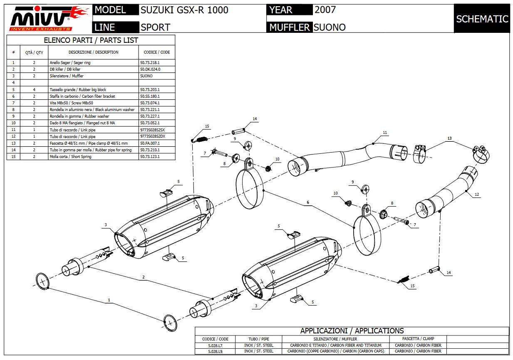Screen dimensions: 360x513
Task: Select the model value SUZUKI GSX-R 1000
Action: pos(184,10)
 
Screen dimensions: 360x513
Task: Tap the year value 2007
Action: pos(325,10)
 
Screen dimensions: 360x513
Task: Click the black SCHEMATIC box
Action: pos(482,19)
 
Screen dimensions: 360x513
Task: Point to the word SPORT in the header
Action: pos(155,27)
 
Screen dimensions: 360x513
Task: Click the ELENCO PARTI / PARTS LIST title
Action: pos(91,40)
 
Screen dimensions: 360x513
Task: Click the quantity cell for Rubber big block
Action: pos(34,89)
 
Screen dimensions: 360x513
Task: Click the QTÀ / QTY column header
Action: pos(34,52)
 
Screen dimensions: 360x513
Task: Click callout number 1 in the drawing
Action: pos(109,300)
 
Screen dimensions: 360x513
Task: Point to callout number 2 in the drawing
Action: pos(143,277)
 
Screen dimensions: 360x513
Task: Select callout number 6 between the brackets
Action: pos(308,203)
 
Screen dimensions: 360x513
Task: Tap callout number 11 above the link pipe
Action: pos(385,133)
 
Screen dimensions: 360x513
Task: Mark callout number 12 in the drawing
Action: pos(477,195)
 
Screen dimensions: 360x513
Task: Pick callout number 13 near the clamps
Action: pos(449,138)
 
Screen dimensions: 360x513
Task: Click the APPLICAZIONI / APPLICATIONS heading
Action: pos(352,331)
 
